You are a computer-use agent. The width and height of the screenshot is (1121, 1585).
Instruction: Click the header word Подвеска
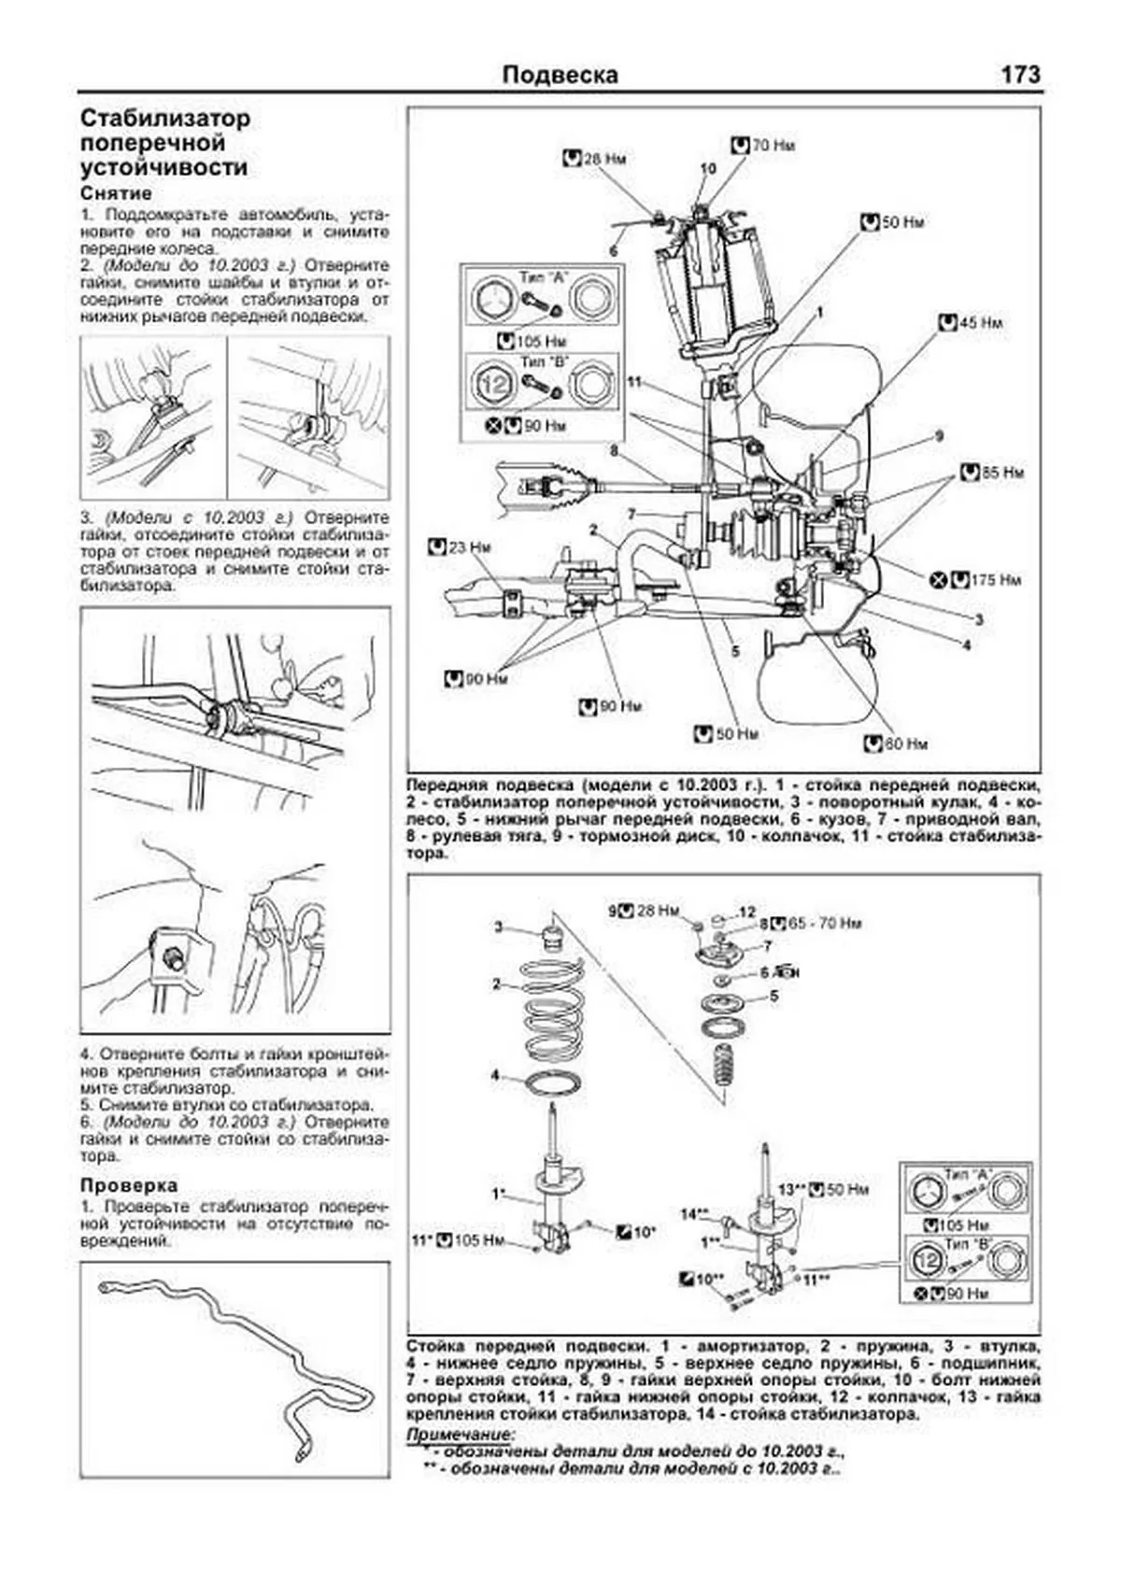tap(560, 75)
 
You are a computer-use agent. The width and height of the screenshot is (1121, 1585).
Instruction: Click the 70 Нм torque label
tap(773, 146)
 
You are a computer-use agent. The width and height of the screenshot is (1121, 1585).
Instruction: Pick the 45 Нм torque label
tap(980, 322)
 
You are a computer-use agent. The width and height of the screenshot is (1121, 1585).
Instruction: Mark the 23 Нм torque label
tap(468, 547)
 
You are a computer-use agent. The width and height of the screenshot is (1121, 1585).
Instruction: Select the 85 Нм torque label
tap(1002, 473)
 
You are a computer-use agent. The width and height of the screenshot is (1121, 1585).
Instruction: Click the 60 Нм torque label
tap(905, 743)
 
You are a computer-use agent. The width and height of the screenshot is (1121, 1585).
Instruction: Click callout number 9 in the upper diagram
tap(939, 436)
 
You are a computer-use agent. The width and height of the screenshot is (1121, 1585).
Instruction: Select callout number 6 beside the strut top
tap(614, 251)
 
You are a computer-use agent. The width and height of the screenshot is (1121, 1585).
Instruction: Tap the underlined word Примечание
tap(460, 1434)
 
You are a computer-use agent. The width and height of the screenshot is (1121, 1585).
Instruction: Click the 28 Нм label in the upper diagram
tap(604, 159)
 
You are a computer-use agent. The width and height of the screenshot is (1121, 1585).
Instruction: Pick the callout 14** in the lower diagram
tap(695, 1214)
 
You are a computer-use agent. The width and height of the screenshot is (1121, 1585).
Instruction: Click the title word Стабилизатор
tap(165, 119)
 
